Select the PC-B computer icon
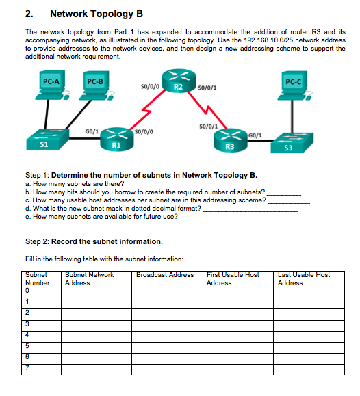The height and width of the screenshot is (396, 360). click(95, 90)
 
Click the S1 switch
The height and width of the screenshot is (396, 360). click(44, 139)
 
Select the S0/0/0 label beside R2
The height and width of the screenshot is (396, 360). click(150, 87)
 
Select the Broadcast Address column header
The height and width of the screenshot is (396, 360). click(165, 275)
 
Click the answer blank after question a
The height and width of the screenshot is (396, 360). click(147, 184)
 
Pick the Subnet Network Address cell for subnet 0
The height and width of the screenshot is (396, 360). click(96, 291)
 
